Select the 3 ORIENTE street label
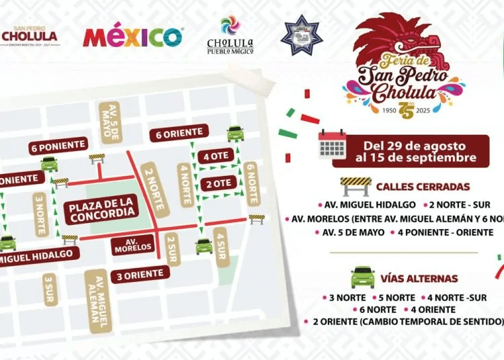pos(140,273)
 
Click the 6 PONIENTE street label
pos(58,145)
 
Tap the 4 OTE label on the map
pos(216,156)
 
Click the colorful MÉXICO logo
pos(133,36)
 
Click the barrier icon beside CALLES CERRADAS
pos(356,185)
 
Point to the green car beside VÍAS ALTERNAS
pos(363,277)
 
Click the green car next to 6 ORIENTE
pos(235,132)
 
